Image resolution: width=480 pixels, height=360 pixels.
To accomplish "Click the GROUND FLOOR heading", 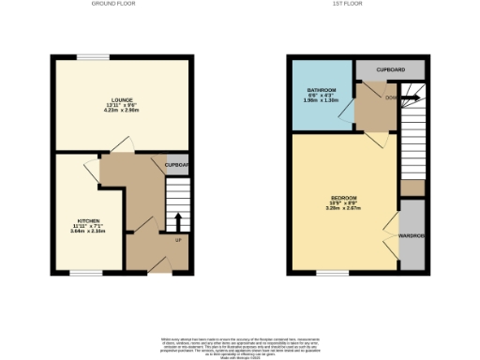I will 113,5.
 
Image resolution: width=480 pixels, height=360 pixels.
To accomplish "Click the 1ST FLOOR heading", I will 349,5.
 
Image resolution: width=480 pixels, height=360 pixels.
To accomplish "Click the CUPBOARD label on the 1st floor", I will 390,70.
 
